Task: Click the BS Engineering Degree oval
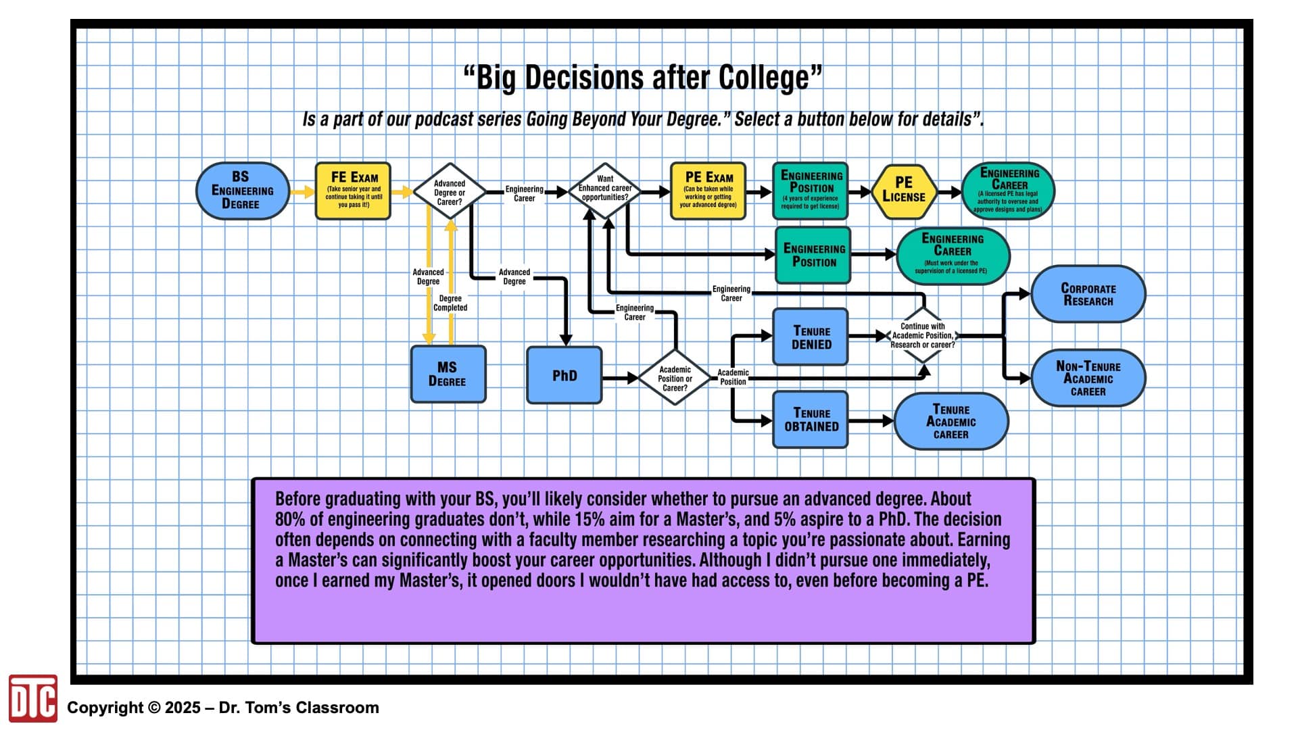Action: (x=243, y=191)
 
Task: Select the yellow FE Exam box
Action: (x=353, y=191)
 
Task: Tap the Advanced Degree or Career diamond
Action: (x=450, y=191)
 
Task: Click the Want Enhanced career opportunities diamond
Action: (x=605, y=191)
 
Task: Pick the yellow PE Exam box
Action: (x=708, y=191)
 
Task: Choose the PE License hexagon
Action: (x=904, y=191)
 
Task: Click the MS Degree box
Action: (x=448, y=374)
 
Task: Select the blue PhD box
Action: (x=564, y=375)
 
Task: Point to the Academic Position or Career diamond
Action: (x=675, y=378)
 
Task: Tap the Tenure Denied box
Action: (x=811, y=337)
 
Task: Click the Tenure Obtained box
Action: (x=811, y=419)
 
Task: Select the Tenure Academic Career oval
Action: (x=951, y=421)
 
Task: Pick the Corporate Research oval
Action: (x=1088, y=294)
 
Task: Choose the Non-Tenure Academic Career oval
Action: (x=1088, y=378)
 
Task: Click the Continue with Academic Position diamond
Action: (x=923, y=335)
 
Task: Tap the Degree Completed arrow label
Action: (x=450, y=303)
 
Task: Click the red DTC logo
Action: (x=33, y=698)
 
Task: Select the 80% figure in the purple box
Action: (x=290, y=519)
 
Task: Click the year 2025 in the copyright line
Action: (x=183, y=708)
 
